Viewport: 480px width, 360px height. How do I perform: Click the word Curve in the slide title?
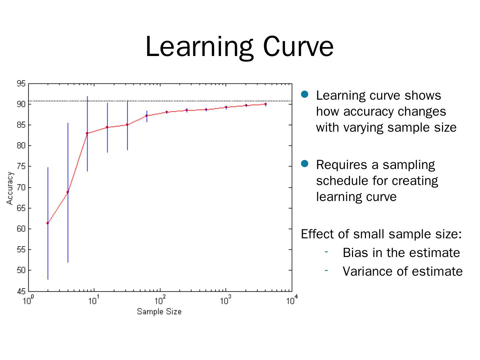pos(298,47)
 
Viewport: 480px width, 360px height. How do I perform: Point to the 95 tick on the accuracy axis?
pos(21,84)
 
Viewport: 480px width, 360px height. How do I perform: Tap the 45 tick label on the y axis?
pos(21,291)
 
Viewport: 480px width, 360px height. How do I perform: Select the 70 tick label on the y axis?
pos(21,187)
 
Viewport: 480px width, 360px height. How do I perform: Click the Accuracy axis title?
pos(10,188)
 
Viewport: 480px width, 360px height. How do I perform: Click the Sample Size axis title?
pos(159,312)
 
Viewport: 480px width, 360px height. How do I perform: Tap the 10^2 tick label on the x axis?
pos(160,301)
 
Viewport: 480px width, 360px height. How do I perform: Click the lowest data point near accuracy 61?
pos(48,223)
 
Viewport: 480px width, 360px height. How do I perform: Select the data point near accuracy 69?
pos(68,192)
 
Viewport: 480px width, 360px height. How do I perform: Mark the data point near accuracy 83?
pos(87,133)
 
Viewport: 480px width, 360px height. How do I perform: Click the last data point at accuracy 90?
pos(266,104)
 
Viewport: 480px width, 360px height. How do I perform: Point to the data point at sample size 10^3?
pos(226,107)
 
